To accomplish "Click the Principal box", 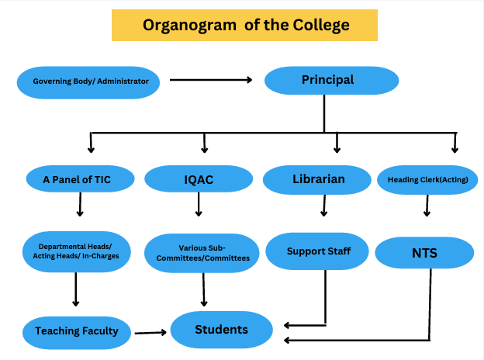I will coord(327,80).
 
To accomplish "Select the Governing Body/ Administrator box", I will coord(90,81).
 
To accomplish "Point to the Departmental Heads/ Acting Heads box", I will coord(76,251).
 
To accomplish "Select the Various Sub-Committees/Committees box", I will coord(202,253).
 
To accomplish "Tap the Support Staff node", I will coord(318,251).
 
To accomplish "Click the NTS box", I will coord(424,253).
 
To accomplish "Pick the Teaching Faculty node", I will coord(77,331).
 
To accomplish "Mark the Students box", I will coord(221,330).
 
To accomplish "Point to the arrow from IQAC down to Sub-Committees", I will coord(199,204).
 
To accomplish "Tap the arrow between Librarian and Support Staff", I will coord(323,206).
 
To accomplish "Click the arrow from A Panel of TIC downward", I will coord(78,205).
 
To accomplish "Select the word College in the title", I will coord(320,25).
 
